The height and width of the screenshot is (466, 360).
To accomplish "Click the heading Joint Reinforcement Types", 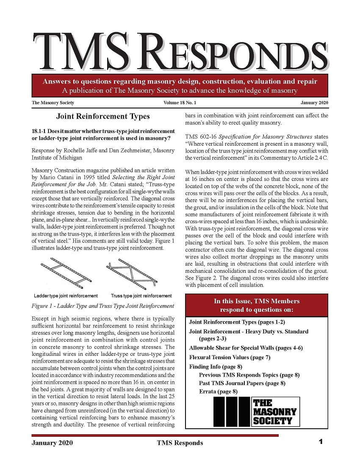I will tap(103, 116).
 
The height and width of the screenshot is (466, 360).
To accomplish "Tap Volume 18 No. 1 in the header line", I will tap(180, 103).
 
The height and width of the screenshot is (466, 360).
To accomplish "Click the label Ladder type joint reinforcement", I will tap(66, 296).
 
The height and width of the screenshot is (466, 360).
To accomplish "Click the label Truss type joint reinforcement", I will tap(141, 296).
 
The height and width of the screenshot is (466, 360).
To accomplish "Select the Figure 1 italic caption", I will tap(103, 305).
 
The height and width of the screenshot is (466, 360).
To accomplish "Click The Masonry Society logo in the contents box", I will tap(257, 411).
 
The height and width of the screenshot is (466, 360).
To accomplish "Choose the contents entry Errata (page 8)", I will tap(218, 391).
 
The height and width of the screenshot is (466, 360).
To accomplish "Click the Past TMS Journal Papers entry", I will tap(242, 383).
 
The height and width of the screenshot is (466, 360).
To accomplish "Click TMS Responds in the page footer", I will tap(180, 443).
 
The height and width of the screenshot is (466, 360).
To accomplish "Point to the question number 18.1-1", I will tap(41, 131).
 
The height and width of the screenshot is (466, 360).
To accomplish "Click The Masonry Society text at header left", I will tap(53, 103).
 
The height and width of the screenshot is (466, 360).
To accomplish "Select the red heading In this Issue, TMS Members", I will tap(257, 301).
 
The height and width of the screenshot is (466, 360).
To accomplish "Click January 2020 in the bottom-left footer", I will tap(52, 443).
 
